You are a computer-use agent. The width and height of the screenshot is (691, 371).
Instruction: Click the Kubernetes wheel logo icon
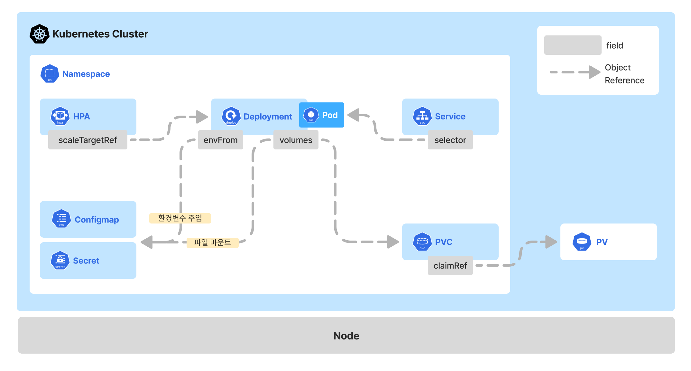tap(39, 34)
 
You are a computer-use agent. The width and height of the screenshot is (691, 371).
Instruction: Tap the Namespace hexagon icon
tap(50, 74)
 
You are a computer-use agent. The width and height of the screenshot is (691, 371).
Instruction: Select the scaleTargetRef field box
tap(88, 140)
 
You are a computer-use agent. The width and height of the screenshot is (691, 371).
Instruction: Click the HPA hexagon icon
tap(60, 116)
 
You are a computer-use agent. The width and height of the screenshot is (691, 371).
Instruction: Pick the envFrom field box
tap(220, 140)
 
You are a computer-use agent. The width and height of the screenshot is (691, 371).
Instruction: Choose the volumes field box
tap(296, 140)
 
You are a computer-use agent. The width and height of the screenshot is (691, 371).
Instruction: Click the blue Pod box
tap(321, 115)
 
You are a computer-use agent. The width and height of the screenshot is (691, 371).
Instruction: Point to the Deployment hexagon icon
tap(231, 116)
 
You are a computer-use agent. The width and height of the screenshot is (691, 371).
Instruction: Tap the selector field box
tap(450, 140)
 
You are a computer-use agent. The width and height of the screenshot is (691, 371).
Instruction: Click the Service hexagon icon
tap(422, 116)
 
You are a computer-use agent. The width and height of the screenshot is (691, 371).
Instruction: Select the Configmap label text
tap(97, 220)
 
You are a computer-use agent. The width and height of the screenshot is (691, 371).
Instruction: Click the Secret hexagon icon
tap(60, 260)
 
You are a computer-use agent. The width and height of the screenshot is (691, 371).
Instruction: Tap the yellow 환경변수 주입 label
tap(180, 218)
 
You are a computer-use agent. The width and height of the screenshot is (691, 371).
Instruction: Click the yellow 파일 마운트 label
tap(212, 243)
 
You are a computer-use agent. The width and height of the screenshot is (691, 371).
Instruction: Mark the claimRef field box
tap(450, 265)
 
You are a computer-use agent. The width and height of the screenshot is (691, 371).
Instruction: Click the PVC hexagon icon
tap(422, 242)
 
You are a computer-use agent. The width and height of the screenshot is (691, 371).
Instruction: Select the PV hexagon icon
tap(582, 242)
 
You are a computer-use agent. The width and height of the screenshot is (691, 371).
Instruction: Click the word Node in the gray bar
tap(346, 336)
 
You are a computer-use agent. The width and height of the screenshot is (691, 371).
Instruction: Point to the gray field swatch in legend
tap(573, 45)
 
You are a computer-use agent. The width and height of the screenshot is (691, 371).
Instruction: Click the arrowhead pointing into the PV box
tap(551, 242)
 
